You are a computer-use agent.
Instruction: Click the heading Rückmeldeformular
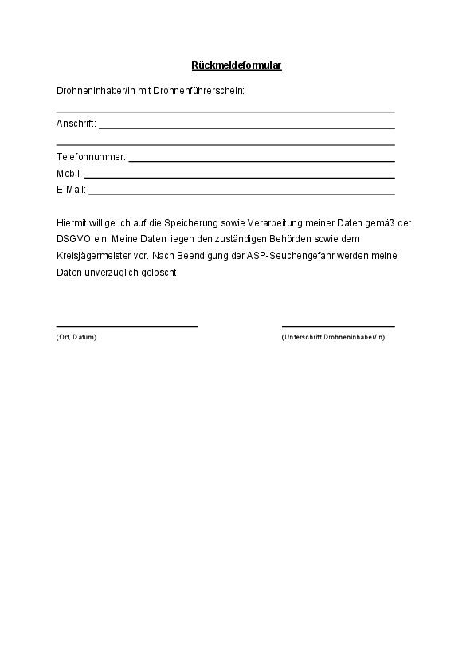(237, 65)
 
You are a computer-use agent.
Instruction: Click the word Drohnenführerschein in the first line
(205, 91)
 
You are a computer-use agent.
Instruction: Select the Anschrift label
(76, 124)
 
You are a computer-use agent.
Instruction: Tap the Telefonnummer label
(91, 157)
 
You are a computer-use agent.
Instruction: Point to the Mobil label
(69, 174)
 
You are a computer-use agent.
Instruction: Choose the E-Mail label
(71, 190)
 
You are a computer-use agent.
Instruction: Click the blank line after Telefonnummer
(261, 161)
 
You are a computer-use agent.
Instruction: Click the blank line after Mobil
(239, 177)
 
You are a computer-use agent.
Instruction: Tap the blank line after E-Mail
(241, 194)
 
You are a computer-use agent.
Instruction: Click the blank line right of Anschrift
(247, 128)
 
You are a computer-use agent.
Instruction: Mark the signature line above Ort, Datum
(127, 326)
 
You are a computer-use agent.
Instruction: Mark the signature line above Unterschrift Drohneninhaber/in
(338, 326)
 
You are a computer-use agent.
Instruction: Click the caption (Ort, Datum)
(76, 338)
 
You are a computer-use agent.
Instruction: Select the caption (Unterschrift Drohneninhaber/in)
(333, 338)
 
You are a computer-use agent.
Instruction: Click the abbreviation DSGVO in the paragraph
(73, 239)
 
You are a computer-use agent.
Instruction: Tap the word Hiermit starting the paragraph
(71, 223)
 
